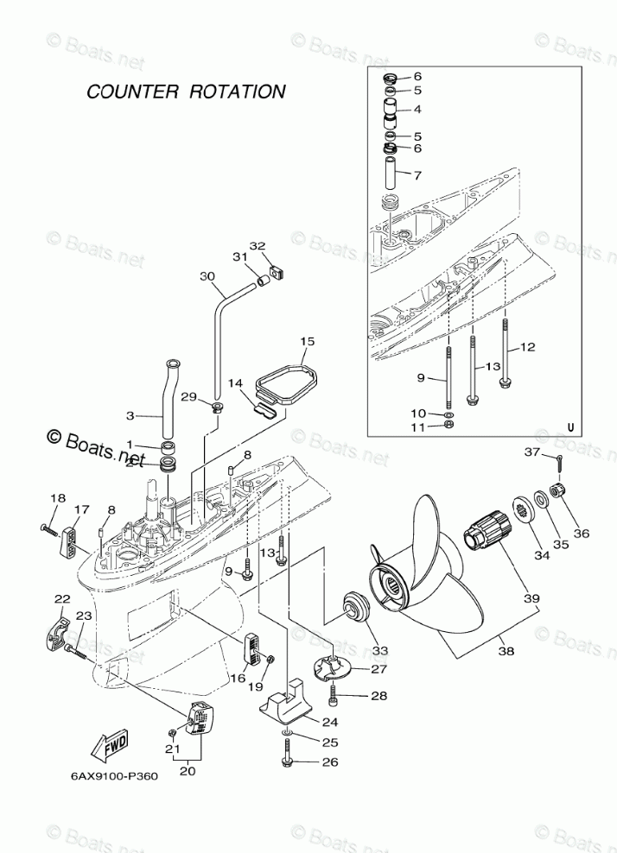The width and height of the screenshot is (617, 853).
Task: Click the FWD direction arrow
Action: (x=110, y=745)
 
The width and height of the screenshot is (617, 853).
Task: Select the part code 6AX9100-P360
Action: (x=114, y=775)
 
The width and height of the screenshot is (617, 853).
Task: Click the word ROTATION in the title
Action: (x=241, y=92)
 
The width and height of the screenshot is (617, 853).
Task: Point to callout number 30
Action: (x=205, y=277)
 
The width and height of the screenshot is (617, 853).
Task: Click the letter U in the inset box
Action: (x=570, y=426)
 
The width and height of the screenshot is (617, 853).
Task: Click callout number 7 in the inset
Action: (x=417, y=175)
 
